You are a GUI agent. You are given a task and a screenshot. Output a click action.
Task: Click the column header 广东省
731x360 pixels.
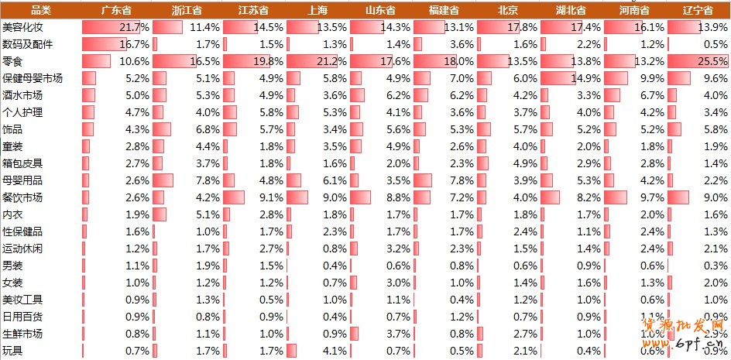pos(116,10)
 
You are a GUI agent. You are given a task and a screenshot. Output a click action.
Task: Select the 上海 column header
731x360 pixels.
pos(317,10)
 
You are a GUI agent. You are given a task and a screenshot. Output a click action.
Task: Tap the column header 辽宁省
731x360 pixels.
pos(697,10)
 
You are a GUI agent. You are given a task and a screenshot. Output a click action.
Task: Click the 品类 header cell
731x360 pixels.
pos(40,10)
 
